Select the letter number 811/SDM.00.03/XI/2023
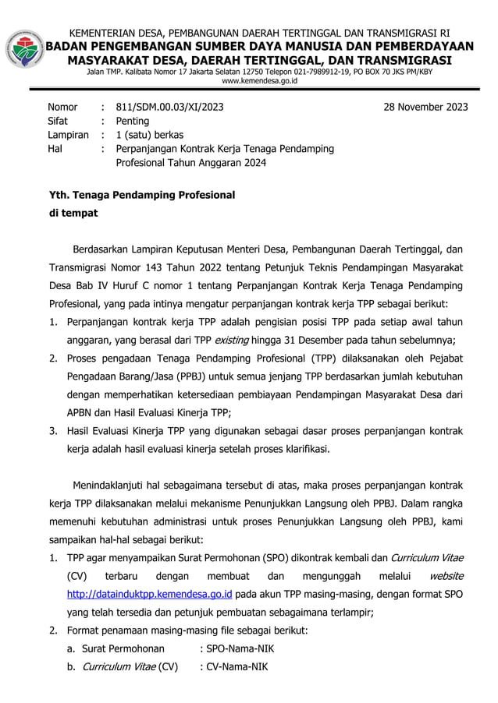[x=169, y=107]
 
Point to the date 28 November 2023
[x=425, y=107]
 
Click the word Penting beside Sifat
[x=133, y=121]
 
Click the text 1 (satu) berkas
[x=150, y=135]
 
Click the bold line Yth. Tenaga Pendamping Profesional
[x=141, y=194]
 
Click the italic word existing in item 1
[x=233, y=340]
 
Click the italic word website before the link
[x=446, y=576]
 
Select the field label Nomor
[x=62, y=107]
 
